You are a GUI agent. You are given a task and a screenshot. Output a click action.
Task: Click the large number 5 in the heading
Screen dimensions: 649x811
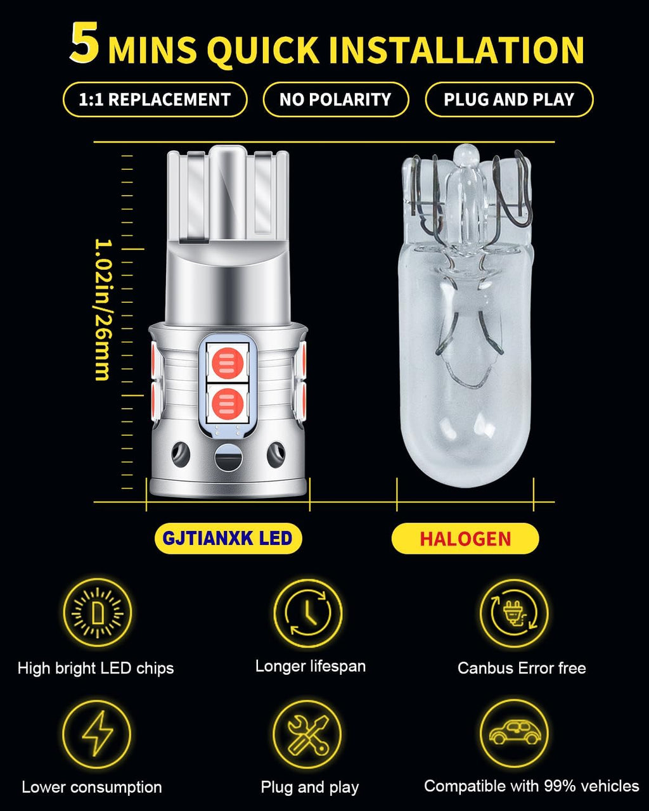point(85,42)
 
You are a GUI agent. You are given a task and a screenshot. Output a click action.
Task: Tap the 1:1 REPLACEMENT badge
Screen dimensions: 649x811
point(155,99)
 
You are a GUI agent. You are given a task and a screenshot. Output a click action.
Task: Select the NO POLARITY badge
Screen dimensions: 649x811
point(336,99)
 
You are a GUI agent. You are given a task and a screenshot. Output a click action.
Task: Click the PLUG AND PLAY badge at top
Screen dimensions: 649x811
point(509,99)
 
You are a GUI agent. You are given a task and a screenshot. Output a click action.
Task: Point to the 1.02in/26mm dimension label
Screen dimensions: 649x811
point(103,309)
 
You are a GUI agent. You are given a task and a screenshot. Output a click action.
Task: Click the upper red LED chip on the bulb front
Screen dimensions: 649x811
point(228,363)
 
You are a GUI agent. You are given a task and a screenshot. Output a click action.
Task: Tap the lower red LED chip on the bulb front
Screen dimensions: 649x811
point(228,404)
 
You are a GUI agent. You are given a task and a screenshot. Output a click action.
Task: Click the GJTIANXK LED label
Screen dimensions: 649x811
point(228,538)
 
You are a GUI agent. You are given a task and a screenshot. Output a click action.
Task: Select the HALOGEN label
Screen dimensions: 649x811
point(465,539)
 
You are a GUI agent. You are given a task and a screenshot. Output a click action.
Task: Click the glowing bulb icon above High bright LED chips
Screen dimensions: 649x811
point(98,613)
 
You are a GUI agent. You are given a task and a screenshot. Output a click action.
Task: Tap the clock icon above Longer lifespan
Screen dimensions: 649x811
point(308,613)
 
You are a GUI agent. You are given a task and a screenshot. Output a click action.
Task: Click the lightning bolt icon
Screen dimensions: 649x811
point(97,734)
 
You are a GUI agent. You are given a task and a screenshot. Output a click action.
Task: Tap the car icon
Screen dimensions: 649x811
point(515,734)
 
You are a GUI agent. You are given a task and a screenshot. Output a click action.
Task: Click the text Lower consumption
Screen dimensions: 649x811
point(92,788)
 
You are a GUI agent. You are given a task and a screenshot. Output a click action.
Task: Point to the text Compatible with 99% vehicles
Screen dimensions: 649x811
point(531,786)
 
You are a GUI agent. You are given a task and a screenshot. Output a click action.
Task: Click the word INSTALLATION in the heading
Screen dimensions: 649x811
point(457,50)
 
